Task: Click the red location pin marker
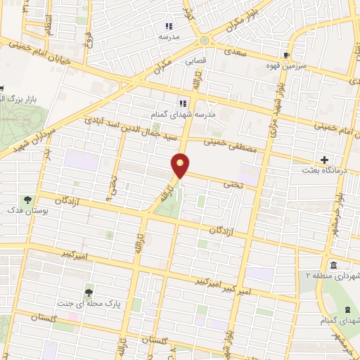tap(181, 165)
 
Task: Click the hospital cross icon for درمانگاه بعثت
tap(324, 160)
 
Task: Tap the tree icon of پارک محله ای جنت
tap(89, 292)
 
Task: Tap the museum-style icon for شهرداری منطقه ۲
tap(332, 264)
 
